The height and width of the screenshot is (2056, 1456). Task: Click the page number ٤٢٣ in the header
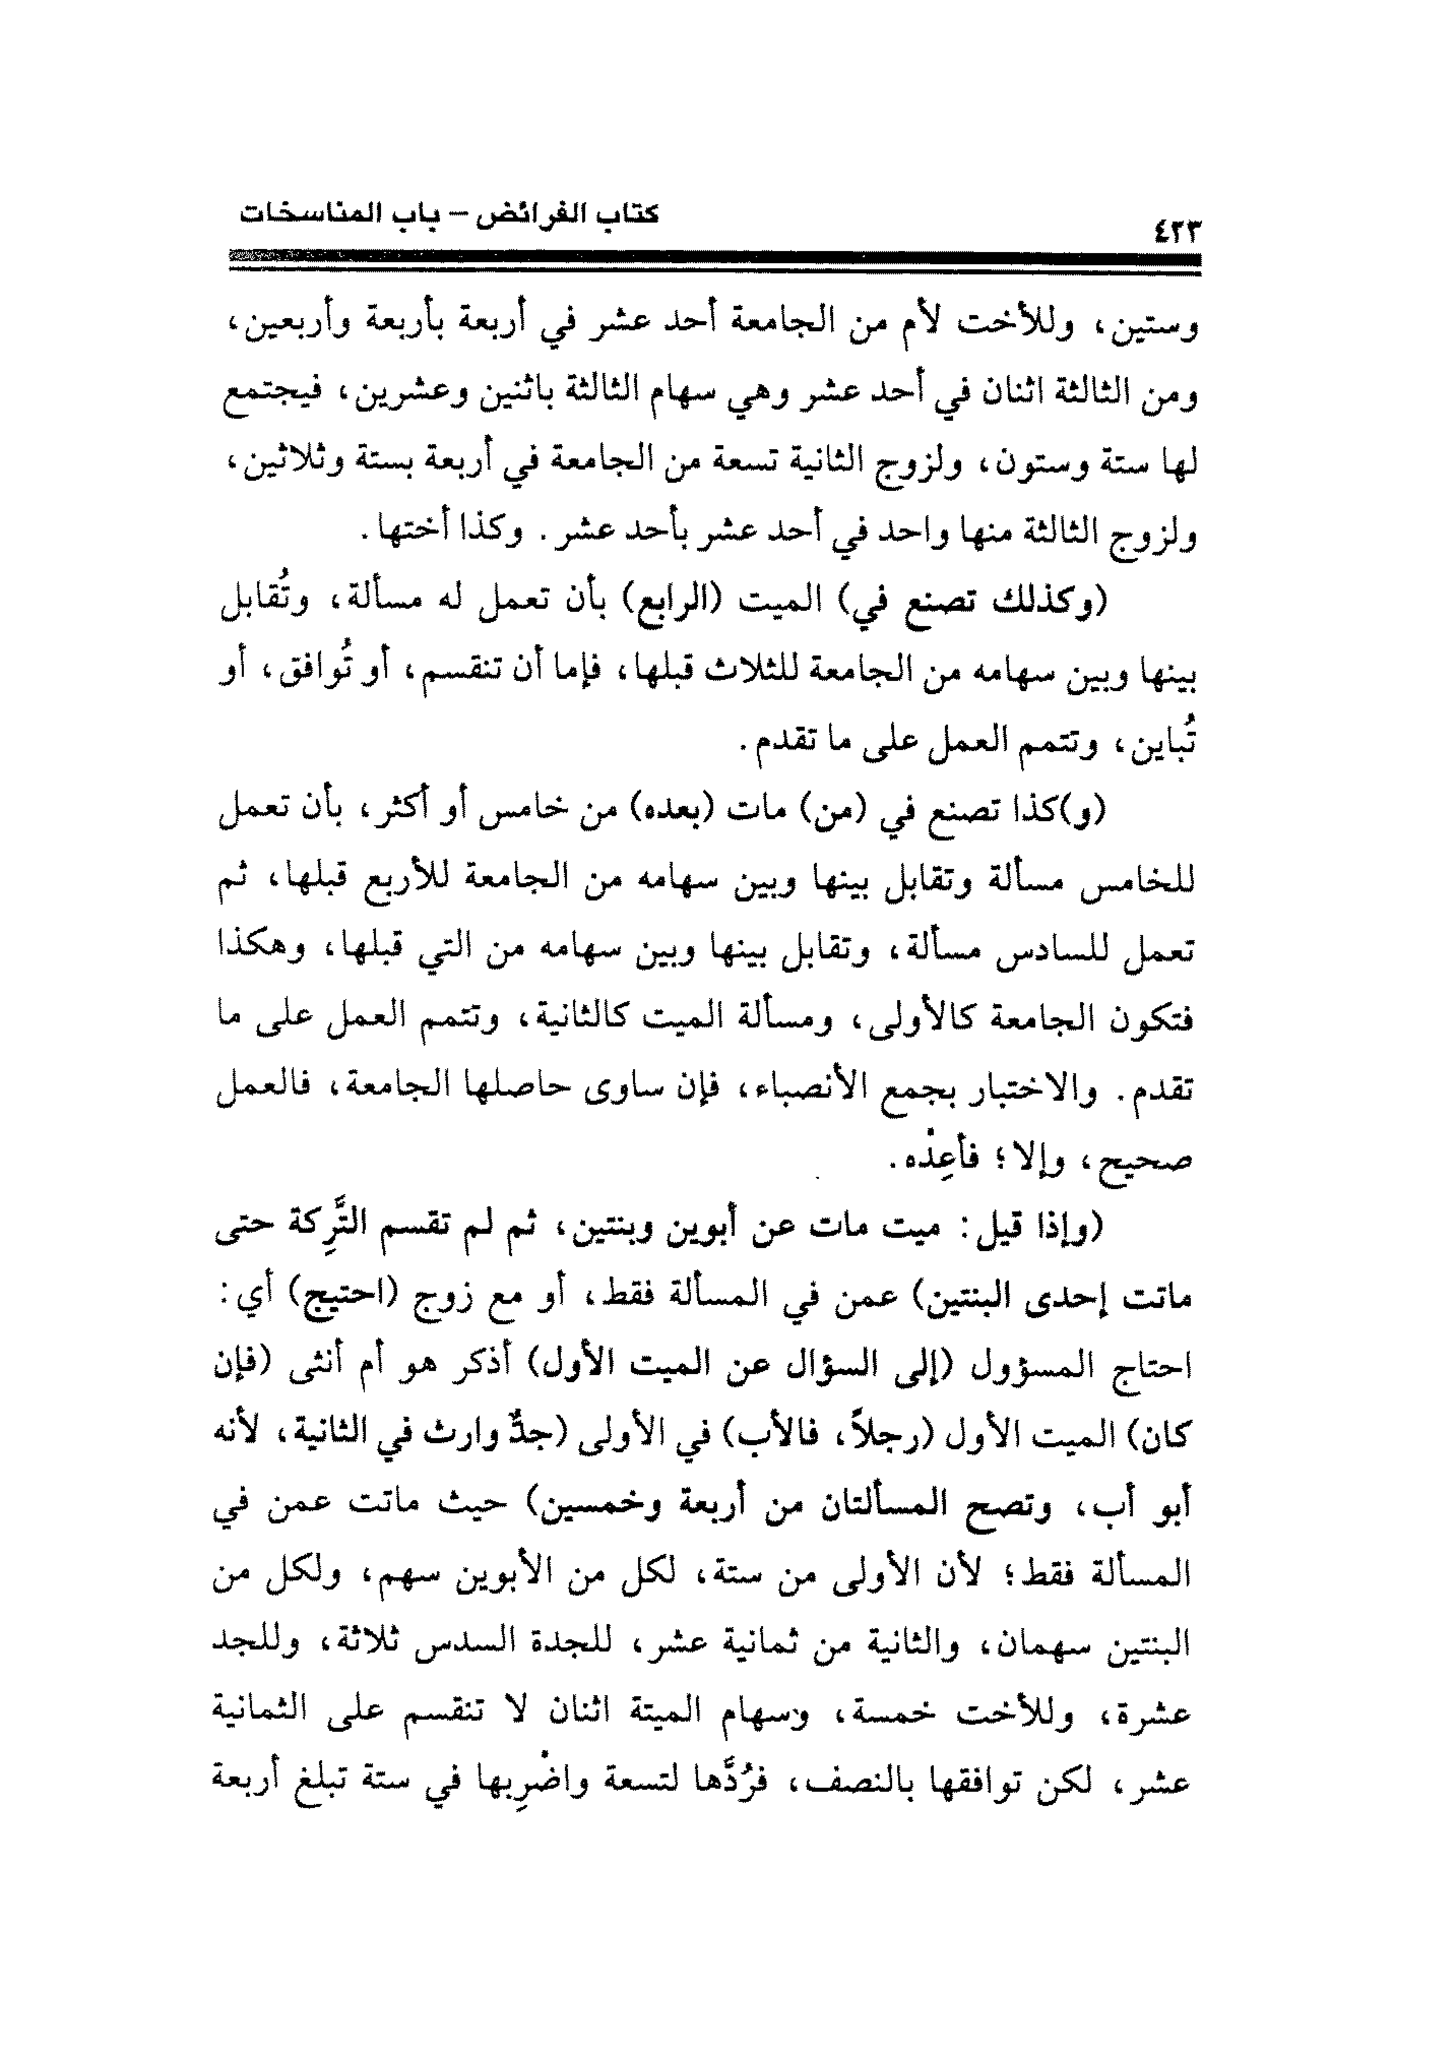click(x=1175, y=231)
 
